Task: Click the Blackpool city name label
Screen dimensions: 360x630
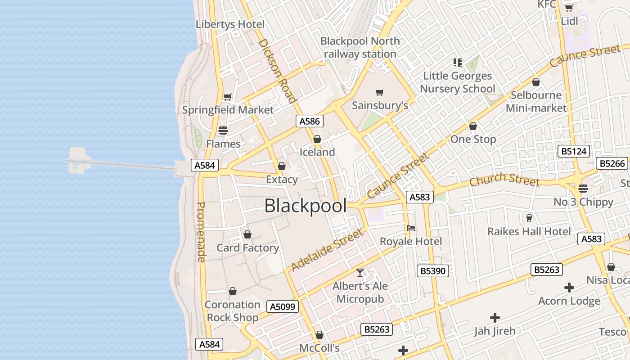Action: pyautogui.click(x=306, y=206)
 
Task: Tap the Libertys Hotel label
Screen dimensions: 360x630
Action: pyautogui.click(x=230, y=24)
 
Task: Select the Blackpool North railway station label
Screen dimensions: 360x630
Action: pyautogui.click(x=360, y=47)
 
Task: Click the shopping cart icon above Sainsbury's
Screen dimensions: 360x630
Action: pyautogui.click(x=380, y=93)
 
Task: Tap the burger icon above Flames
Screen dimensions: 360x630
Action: pyautogui.click(x=223, y=130)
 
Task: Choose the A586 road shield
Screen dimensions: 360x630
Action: pyautogui.click(x=310, y=121)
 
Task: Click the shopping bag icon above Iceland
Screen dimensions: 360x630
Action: pyautogui.click(x=317, y=139)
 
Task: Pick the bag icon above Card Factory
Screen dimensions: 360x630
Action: pyautogui.click(x=247, y=234)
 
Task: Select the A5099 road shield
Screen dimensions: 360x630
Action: pyautogui.click(x=283, y=307)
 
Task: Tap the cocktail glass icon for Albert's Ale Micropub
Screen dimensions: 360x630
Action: pyautogui.click(x=360, y=273)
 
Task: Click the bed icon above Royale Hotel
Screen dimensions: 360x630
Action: pyautogui.click(x=411, y=228)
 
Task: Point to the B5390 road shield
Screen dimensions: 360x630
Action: pyautogui.click(x=433, y=271)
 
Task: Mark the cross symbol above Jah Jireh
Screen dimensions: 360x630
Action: pyautogui.click(x=495, y=318)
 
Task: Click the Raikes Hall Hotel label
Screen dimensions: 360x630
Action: pyautogui.click(x=529, y=231)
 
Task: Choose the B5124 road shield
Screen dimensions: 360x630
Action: pyautogui.click(x=574, y=151)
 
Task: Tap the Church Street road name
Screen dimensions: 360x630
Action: pyautogui.click(x=504, y=179)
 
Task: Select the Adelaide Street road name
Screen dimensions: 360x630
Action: pyautogui.click(x=327, y=250)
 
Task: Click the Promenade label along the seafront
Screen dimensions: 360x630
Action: pyautogui.click(x=201, y=232)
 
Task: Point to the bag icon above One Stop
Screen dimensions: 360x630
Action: pyautogui.click(x=473, y=126)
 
